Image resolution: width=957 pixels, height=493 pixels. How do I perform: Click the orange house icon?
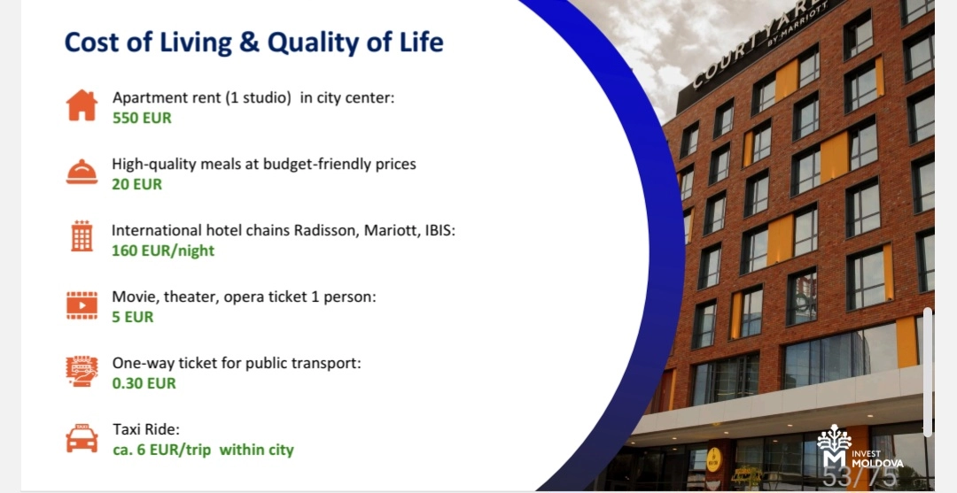pyautogui.click(x=82, y=105)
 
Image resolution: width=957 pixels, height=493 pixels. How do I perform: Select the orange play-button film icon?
pyautogui.click(x=82, y=305)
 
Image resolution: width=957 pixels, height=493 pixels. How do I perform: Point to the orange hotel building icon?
pyautogui.click(x=82, y=235)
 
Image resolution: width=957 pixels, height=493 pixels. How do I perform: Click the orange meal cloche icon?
pyautogui.click(x=82, y=171)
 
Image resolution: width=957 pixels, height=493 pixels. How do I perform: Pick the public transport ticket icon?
pyautogui.click(x=82, y=371)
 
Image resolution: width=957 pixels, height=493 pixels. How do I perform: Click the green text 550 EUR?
pyautogui.click(x=142, y=119)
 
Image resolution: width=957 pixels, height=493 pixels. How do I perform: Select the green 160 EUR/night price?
pyautogui.click(x=163, y=251)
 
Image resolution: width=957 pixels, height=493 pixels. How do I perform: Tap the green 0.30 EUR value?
pyautogui.click(x=144, y=383)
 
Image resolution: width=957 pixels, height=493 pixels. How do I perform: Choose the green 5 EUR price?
pyautogui.click(x=132, y=317)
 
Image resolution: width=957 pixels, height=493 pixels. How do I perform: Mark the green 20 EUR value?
pyautogui.click(x=136, y=185)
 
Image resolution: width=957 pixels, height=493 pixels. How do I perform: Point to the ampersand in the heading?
pyautogui.click(x=250, y=42)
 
